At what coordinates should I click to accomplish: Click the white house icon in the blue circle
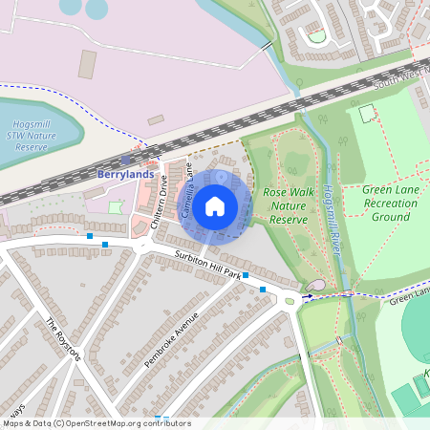[x=215, y=205]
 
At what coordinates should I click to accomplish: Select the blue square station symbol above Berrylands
[x=125, y=161]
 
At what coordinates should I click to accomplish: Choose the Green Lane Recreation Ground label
[x=391, y=203]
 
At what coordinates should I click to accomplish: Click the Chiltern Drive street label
[x=159, y=203]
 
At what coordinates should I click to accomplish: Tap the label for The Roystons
[x=65, y=339]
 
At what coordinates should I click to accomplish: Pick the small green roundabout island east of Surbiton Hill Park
[x=289, y=301]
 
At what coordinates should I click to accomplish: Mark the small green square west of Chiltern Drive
[x=116, y=206]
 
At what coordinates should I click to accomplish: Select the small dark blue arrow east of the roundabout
[x=307, y=296]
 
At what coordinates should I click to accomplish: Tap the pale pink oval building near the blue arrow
[x=316, y=286]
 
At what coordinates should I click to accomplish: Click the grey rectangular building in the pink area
[x=88, y=64]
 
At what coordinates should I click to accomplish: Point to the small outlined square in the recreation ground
[x=368, y=113]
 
